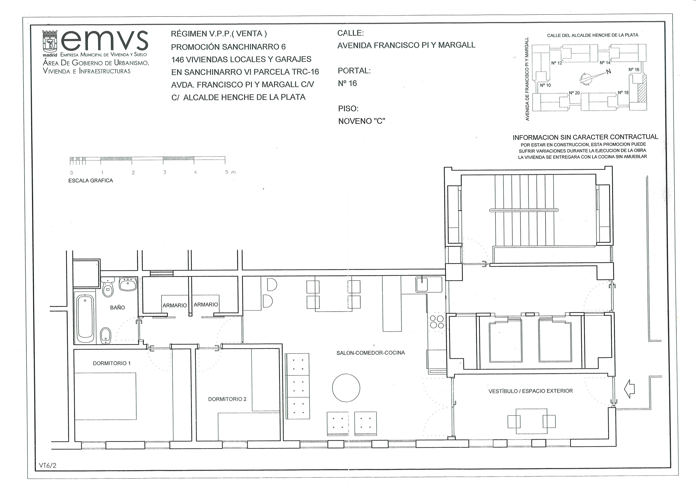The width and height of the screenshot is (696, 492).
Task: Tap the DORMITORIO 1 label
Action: point(112,363)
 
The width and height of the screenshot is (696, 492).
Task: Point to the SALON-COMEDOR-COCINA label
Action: point(371,353)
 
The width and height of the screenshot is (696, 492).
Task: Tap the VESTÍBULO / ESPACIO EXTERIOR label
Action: point(531,391)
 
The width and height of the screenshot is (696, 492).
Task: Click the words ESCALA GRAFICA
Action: point(91,181)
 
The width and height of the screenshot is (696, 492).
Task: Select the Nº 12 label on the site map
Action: point(557,63)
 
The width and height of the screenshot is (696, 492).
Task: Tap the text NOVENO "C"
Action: point(362,121)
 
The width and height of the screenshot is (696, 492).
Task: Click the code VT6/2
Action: point(48,466)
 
